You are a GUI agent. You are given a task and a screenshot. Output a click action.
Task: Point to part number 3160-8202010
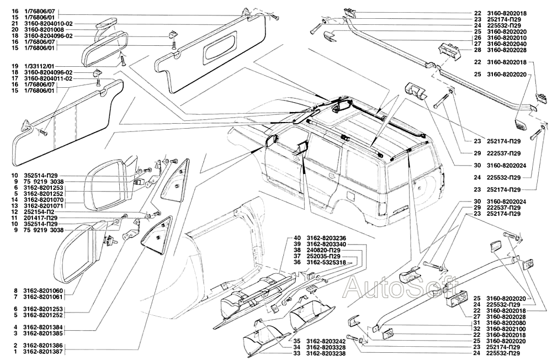click(x=507, y=38)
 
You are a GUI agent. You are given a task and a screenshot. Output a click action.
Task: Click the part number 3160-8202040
click(x=507, y=44)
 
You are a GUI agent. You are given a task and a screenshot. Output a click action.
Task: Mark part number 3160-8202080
click(x=507, y=322)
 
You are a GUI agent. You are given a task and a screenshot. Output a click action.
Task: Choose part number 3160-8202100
click(x=507, y=329)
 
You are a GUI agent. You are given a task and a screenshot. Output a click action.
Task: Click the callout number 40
click(x=297, y=238)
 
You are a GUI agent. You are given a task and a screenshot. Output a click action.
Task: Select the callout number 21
click(x=15, y=23)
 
